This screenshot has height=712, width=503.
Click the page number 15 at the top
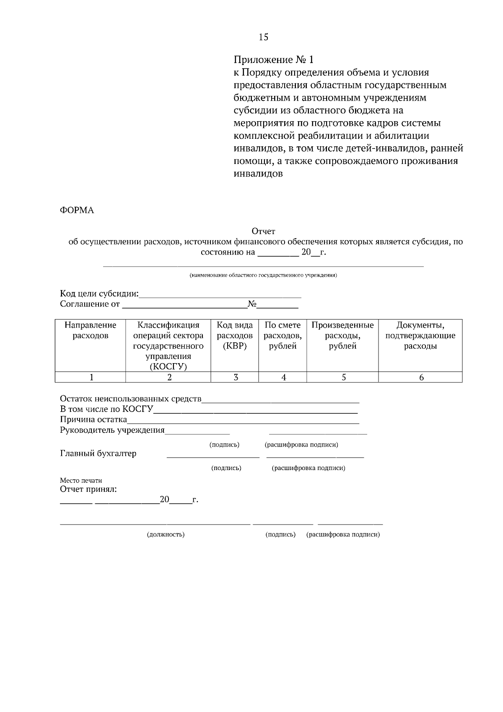tap(263, 37)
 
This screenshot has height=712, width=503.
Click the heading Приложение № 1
tap(273, 60)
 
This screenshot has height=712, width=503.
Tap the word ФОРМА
tap(77, 210)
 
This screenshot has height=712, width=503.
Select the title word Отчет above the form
tap(263, 231)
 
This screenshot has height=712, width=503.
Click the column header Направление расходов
tap(90, 330)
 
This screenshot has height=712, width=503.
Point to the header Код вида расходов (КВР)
tap(234, 335)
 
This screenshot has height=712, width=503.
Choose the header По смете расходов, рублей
tap(283, 335)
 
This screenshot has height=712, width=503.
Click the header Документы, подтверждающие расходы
tap(420, 335)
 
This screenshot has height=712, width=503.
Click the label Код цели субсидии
tap(99, 294)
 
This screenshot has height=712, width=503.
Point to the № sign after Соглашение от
tap(251, 304)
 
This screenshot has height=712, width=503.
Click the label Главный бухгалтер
tap(98, 453)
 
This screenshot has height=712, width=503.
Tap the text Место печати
tap(81, 481)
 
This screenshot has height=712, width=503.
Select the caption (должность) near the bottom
tap(166, 535)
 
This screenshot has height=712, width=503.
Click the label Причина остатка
tap(93, 420)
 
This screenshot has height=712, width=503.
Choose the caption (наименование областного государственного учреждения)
tap(263, 275)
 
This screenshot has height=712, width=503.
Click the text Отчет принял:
tap(88, 489)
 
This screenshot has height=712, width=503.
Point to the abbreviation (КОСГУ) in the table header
tap(168, 366)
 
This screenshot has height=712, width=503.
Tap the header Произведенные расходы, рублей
tap(342, 335)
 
